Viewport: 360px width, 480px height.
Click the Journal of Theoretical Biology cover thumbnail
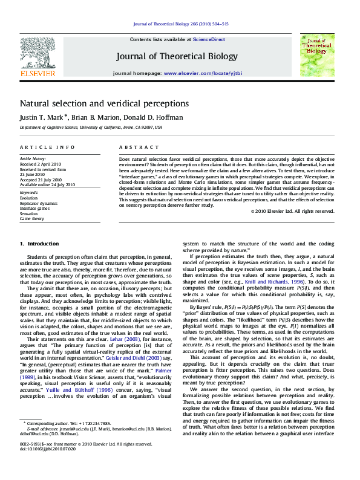(x=317, y=55)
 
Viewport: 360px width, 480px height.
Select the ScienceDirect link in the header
(x=209, y=39)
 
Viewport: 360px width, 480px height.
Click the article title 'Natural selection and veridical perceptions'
(x=104, y=103)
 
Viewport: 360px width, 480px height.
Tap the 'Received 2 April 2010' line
(x=41, y=163)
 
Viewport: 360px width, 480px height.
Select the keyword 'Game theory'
(x=32, y=218)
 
